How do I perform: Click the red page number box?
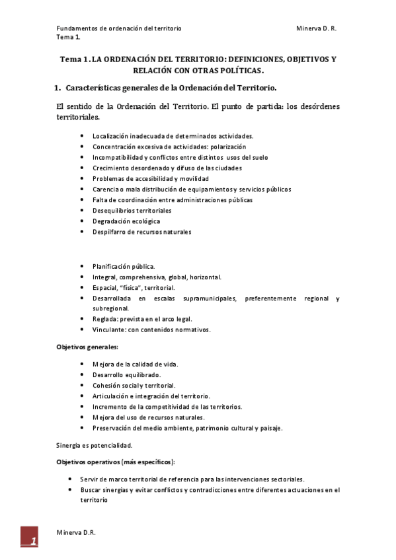point(29,537)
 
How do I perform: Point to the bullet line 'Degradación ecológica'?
point(126,221)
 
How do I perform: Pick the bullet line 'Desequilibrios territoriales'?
point(127,211)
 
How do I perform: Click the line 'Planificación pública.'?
point(124,267)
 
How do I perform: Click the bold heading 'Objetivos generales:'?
point(87,347)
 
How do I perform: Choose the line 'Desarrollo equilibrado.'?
point(126,374)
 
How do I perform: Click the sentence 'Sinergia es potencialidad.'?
point(95,445)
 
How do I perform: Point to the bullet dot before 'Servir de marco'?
point(71,479)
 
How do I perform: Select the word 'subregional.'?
point(110,308)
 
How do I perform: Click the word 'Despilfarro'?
point(108,232)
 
